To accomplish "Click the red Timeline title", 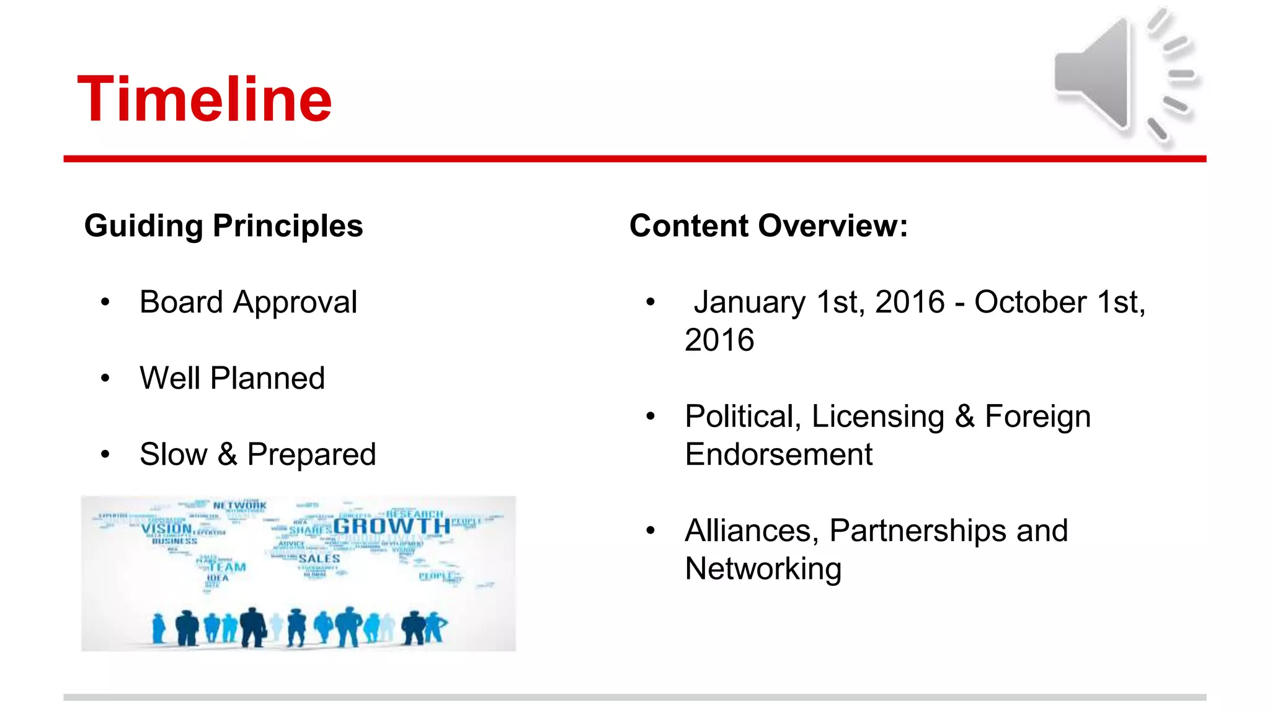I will pos(205,99).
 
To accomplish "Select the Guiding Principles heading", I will pos(223,226).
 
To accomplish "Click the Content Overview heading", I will pos(768,226).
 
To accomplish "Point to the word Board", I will pos(181,302).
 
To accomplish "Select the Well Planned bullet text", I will pos(232,378).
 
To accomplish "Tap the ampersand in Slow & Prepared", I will pos(228,454).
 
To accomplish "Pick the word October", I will pos(1030,302).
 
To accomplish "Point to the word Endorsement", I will pos(778,454).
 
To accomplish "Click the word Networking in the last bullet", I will pos(763,569).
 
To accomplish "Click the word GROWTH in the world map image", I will pos(391,526).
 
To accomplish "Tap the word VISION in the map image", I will pos(166,529).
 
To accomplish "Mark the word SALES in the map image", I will pos(319,559).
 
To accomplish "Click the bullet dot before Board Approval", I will pos(105,302).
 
